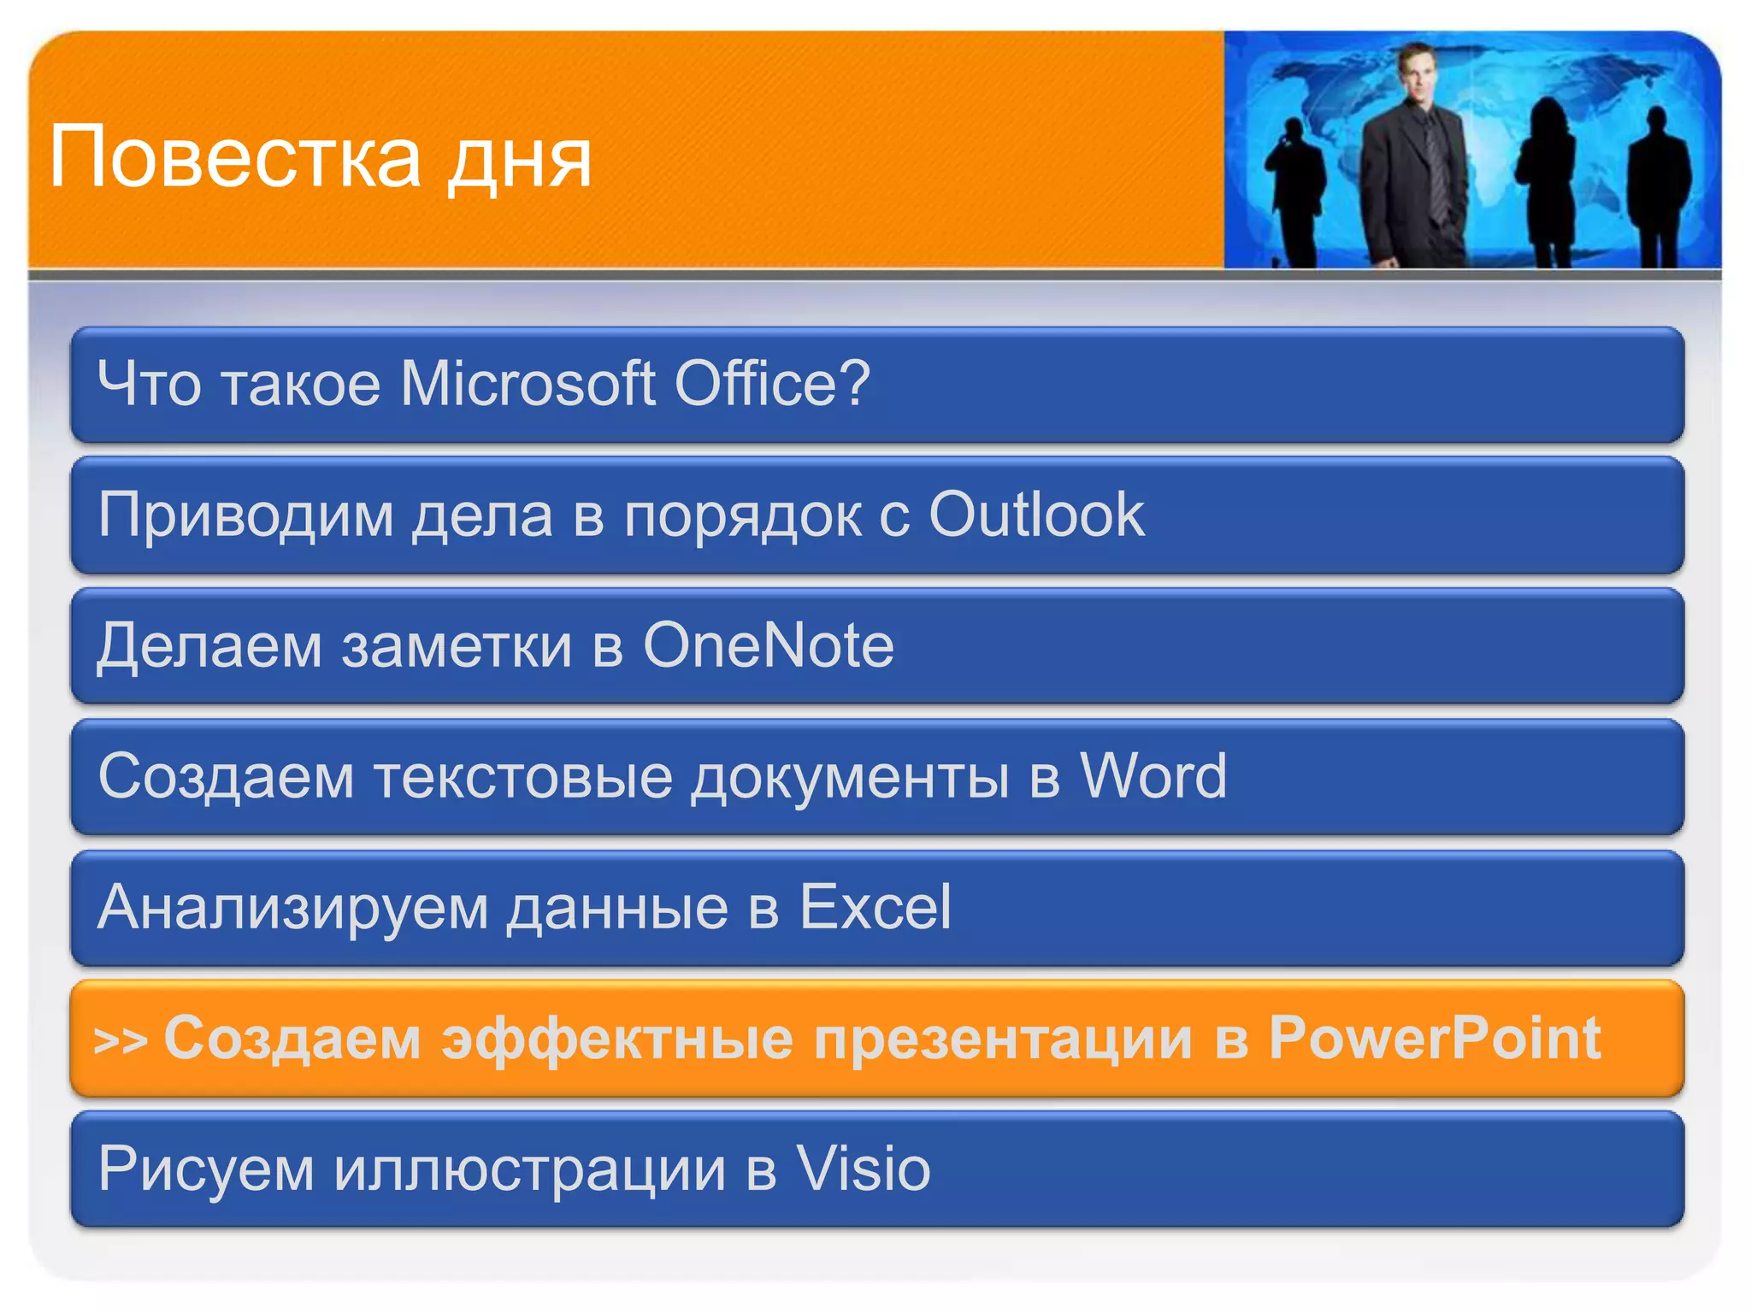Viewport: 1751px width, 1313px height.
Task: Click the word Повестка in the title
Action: [x=235, y=157]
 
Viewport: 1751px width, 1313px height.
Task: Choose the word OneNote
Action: [x=768, y=645]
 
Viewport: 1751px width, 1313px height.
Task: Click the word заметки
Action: [x=457, y=647]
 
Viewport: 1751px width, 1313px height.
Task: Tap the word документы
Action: [x=850, y=778]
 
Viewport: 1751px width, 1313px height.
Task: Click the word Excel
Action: [x=874, y=907]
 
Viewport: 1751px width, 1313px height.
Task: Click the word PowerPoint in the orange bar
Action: [x=1434, y=1039]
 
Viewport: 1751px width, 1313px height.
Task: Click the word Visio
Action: [x=863, y=1169]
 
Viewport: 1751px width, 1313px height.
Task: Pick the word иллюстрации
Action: [x=529, y=1170]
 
